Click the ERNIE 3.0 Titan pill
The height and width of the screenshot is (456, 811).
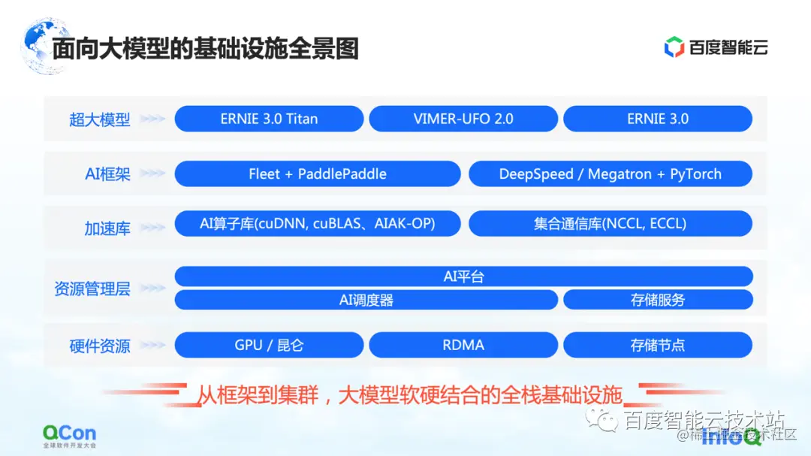(269, 119)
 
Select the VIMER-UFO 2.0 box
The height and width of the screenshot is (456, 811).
(463, 119)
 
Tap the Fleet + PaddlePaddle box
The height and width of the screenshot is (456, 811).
(317, 174)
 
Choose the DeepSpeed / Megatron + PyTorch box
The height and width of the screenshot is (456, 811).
(610, 174)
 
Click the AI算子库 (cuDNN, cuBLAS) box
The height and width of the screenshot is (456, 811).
(317, 223)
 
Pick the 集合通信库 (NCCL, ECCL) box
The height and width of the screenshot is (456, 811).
(610, 223)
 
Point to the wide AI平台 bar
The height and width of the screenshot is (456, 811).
(463, 276)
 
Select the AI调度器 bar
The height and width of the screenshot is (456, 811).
(366, 300)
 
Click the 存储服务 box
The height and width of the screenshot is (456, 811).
(657, 300)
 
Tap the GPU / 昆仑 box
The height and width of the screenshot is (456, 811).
(269, 345)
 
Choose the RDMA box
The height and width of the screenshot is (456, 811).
(463, 345)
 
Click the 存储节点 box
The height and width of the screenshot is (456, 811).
(657, 345)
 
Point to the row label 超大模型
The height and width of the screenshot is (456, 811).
(99, 119)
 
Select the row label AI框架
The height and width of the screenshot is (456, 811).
(107, 174)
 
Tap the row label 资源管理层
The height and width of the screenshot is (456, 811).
(92, 288)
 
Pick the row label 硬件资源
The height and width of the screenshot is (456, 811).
(99, 346)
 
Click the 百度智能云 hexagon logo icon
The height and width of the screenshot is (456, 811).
(674, 47)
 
